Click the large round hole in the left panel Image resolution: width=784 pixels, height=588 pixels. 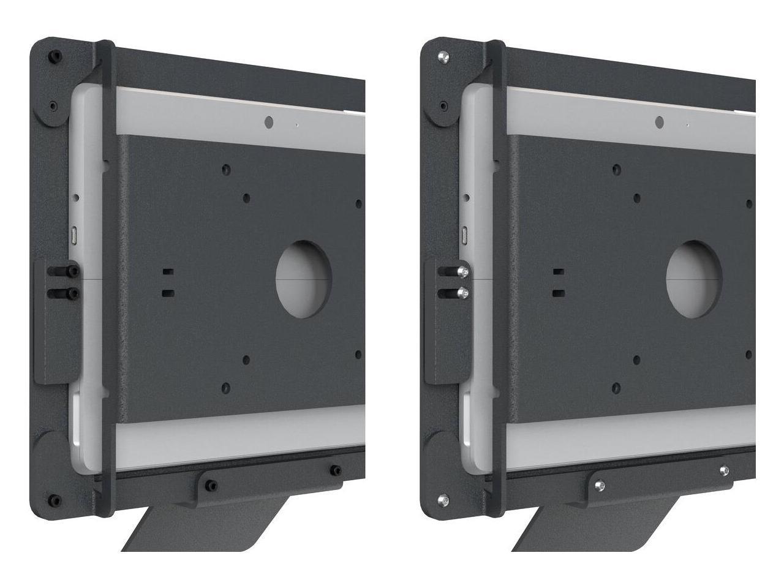click(303, 279)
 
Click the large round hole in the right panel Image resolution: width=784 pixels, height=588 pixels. click(693, 279)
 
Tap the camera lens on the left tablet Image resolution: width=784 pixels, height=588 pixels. click(268, 123)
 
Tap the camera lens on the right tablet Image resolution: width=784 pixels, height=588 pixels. click(659, 123)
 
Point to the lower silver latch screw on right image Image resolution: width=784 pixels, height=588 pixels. click(465, 293)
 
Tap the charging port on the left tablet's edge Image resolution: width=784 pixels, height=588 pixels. click(75, 234)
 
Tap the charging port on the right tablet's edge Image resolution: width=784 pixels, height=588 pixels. click(465, 234)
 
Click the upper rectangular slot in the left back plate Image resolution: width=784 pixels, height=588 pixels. click(167, 271)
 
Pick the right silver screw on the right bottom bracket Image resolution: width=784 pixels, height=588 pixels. click(725, 470)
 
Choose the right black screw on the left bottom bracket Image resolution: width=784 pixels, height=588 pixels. click(335, 470)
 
